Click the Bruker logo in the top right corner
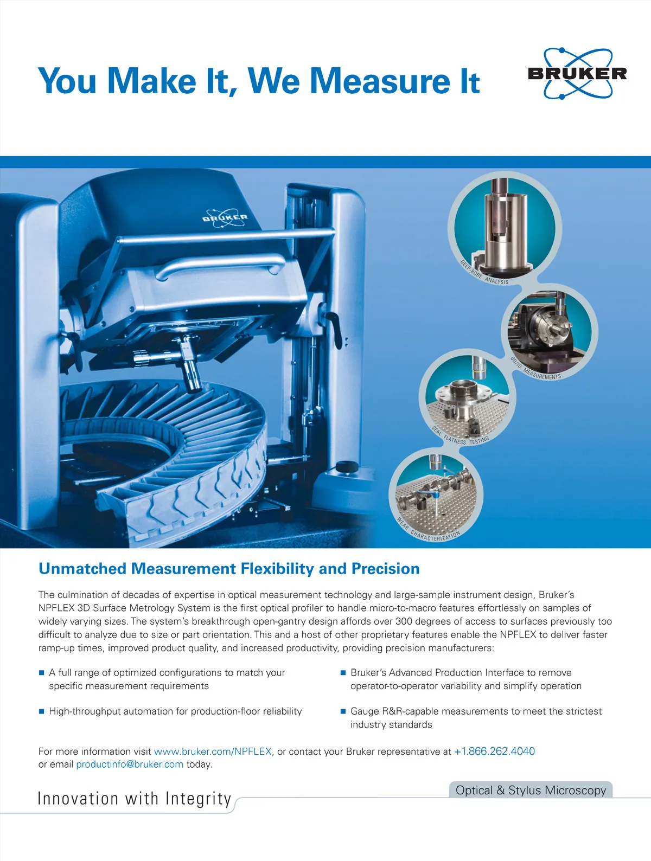pyautogui.click(x=577, y=73)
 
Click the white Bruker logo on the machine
pyautogui.click(x=225, y=218)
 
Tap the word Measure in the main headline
pyautogui.click(x=380, y=81)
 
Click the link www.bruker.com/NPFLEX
pyautogui.click(x=213, y=751)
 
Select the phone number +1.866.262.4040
pyautogui.click(x=494, y=751)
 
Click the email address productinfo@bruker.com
pyautogui.click(x=130, y=764)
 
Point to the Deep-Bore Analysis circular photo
pyautogui.click(x=505, y=228)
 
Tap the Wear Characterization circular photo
pyautogui.click(x=436, y=495)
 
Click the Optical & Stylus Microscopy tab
pyautogui.click(x=531, y=789)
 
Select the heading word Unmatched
pyautogui.click(x=82, y=569)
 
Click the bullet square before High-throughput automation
pyautogui.click(x=42, y=711)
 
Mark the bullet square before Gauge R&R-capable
pyautogui.click(x=343, y=711)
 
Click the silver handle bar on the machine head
pyautogui.click(x=220, y=266)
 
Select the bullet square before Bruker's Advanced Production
pyautogui.click(x=343, y=672)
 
